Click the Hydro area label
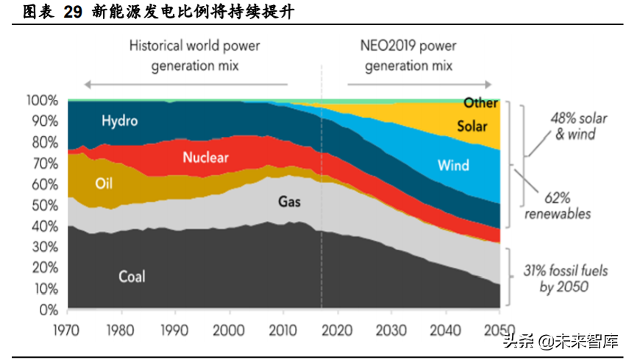tap(119, 121)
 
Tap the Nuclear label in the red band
tap(205, 157)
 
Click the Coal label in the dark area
tap(132, 277)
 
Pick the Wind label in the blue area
tap(453, 165)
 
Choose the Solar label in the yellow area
tap(472, 126)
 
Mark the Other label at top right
tap(480, 103)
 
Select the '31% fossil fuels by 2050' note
tap(573, 278)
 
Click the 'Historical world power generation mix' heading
tap(194, 55)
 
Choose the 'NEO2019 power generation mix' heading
tap(409, 55)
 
